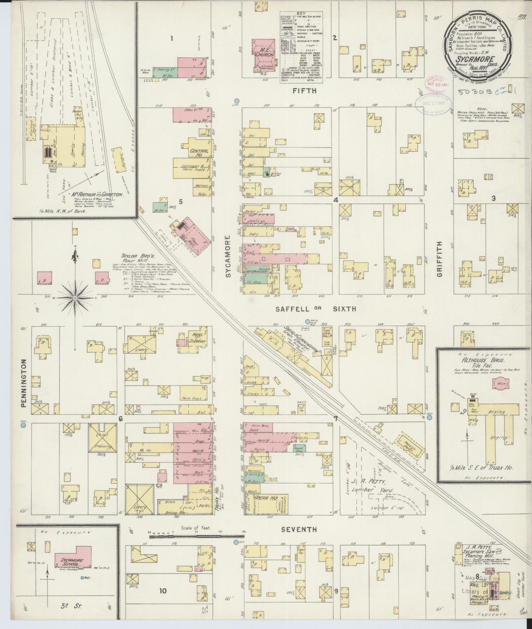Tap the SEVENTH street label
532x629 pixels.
299,529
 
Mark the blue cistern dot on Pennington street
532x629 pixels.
23,425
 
